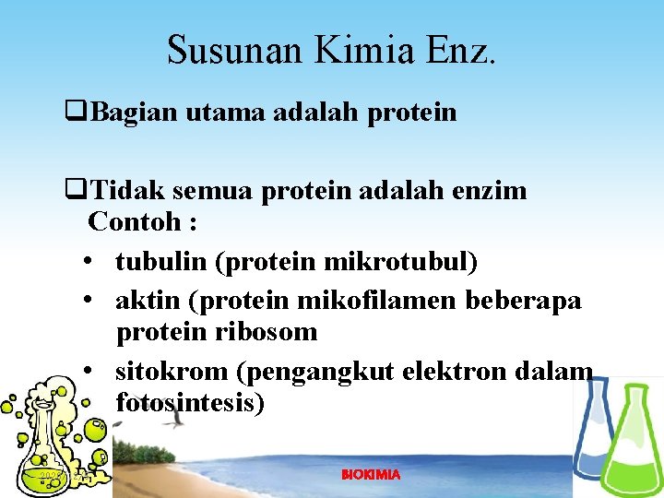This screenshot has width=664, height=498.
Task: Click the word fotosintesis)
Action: pyautogui.click(x=190, y=403)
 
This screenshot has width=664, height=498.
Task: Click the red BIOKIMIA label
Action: pyautogui.click(x=371, y=474)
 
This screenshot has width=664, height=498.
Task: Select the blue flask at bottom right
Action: pyautogui.click(x=591, y=433)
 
